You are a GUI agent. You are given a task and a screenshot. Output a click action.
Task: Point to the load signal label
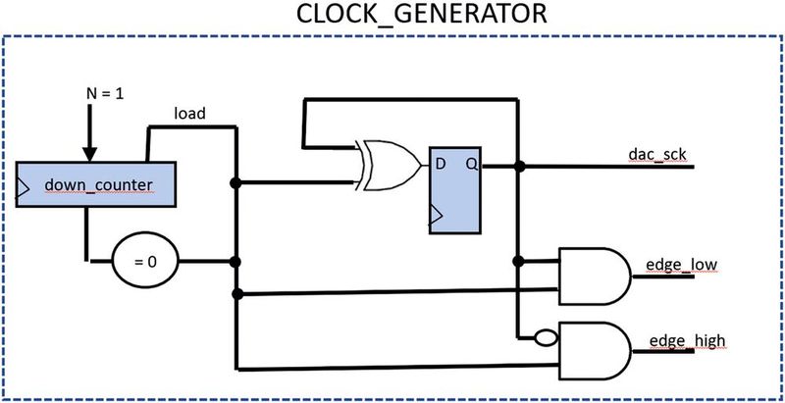189,113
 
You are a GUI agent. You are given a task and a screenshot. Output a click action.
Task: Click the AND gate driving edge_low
595,276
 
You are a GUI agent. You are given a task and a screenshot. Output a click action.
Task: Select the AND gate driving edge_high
595,351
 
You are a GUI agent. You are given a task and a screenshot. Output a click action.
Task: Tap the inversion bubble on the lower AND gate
545,336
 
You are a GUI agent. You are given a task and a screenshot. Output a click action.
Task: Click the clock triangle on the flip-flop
432,223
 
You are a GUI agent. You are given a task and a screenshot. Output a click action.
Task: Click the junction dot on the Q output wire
519,166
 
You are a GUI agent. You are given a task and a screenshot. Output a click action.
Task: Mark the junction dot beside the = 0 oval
235,262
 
